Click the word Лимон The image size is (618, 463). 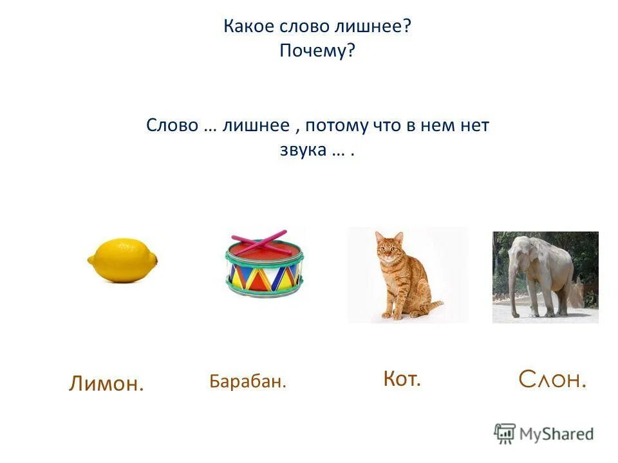coord(106,384)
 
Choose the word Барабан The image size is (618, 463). coord(247,381)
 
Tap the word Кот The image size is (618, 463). coord(402,379)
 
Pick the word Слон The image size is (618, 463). coord(552,380)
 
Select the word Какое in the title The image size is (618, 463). coord(250,27)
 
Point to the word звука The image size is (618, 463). coord(301,150)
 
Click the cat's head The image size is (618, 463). coord(390,247)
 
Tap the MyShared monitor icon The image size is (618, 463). coord(505,433)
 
